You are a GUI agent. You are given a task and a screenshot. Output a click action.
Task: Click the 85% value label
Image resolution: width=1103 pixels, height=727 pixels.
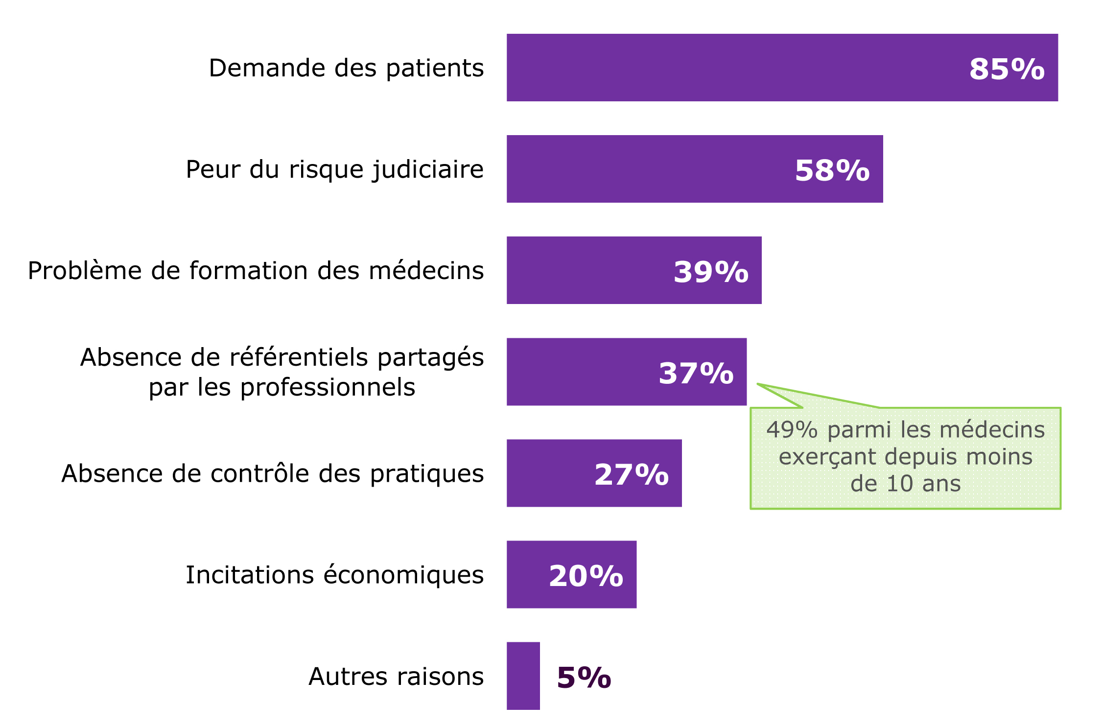point(1007,69)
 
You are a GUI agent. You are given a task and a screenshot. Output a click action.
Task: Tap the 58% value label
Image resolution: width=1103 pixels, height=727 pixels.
point(832,170)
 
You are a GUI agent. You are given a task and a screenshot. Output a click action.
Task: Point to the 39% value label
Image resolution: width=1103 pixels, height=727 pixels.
point(711,272)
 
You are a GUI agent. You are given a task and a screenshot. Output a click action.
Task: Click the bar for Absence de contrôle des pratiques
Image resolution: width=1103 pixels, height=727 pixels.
point(548,473)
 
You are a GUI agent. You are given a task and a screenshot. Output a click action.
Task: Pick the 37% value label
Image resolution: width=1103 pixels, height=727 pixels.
point(696,373)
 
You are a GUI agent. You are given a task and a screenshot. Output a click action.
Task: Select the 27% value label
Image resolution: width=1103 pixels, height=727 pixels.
point(631,474)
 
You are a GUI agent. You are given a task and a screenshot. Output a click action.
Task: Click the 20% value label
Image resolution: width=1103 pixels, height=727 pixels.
point(586,576)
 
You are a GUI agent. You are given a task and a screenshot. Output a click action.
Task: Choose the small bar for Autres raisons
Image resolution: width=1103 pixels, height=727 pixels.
point(523,676)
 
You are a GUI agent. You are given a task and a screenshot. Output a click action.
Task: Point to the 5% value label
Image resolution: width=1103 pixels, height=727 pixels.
point(584,678)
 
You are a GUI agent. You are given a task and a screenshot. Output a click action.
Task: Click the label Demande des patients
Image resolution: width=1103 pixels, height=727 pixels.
point(346,68)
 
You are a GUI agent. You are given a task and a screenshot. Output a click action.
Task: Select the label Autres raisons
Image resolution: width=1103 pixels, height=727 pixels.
point(396,677)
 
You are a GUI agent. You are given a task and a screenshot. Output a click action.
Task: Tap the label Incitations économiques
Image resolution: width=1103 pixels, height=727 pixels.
point(334,575)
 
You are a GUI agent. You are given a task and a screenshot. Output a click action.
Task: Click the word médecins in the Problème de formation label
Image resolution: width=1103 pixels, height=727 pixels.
point(426,271)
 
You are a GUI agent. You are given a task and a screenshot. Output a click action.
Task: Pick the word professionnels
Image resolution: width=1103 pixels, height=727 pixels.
point(328,387)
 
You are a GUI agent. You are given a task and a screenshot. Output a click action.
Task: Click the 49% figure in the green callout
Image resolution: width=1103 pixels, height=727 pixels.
point(792,430)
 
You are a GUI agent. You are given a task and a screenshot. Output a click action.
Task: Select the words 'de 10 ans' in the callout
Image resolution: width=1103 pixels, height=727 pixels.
point(905,484)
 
